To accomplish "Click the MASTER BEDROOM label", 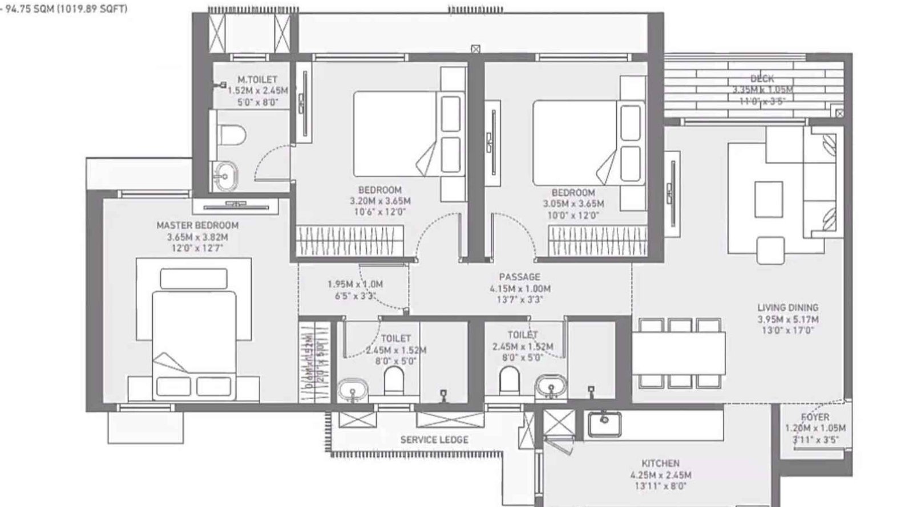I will click(x=197, y=225).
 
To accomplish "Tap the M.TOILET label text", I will click(x=257, y=80).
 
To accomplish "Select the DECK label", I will click(x=762, y=79).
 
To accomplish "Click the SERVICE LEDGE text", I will click(x=434, y=440).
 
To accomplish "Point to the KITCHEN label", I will click(x=660, y=464).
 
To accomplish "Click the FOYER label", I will click(x=815, y=417).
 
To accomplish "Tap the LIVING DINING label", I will click(x=787, y=307).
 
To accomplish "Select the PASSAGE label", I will click(x=519, y=277).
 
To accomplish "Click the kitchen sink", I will click(x=603, y=423).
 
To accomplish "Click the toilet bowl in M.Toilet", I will click(x=232, y=135).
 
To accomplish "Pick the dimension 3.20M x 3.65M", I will click(x=380, y=201).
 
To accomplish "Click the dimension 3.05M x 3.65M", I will click(x=573, y=204).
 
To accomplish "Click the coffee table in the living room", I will click(x=768, y=199).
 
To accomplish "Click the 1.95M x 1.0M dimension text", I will click(x=355, y=284).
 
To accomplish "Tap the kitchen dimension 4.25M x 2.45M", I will click(x=660, y=475).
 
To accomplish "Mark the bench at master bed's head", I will click(x=194, y=279).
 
